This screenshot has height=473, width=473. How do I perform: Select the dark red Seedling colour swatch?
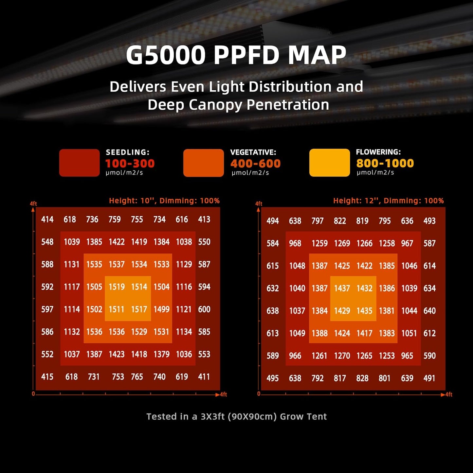[x=79, y=163]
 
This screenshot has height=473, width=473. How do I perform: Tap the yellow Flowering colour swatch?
[x=329, y=163]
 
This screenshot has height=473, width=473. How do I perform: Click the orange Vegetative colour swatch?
[x=203, y=163]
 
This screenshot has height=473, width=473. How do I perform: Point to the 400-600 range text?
[x=255, y=163]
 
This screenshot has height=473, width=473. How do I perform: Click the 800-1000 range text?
[x=385, y=163]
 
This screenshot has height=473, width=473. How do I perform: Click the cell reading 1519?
[x=117, y=287]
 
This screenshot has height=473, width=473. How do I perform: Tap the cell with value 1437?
[x=342, y=288]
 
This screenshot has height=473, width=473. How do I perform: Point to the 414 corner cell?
[x=47, y=220]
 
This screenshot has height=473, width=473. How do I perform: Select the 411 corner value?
[x=204, y=377]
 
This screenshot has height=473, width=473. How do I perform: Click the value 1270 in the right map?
[x=342, y=356]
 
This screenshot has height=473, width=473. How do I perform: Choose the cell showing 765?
[x=137, y=377]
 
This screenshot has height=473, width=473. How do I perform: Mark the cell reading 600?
[x=204, y=309]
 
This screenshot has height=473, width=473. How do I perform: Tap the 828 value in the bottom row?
[x=362, y=378]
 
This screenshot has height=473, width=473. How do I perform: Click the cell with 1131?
[x=72, y=264]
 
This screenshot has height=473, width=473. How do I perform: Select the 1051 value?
[x=409, y=333]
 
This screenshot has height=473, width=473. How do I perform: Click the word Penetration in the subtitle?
[x=288, y=105]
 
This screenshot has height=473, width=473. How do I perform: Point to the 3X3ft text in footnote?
[x=212, y=416]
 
